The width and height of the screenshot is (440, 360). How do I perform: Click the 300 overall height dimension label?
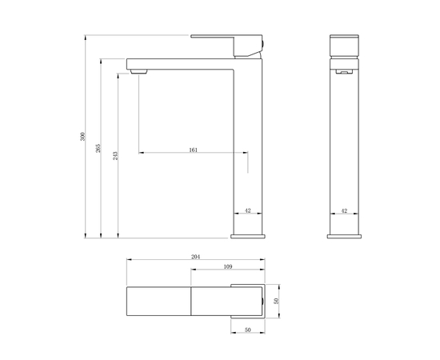pos(82,137)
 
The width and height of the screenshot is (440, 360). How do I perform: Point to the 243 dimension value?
pos(115,154)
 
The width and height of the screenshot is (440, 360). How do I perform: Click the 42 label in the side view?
pos(247,210)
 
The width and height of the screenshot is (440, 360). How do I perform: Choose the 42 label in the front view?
pos(344,210)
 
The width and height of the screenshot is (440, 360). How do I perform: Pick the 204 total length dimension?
pos(196,257)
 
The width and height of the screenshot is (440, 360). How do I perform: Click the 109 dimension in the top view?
pos(227,266)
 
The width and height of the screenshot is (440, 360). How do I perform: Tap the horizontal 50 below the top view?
pos(247,330)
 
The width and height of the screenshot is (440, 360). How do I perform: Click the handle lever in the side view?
pos(228,42)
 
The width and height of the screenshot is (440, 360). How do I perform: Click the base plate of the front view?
pos(344,234)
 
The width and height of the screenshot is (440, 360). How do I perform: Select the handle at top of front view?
pos(344,44)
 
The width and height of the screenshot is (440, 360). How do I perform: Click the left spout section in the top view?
pos(158,301)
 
